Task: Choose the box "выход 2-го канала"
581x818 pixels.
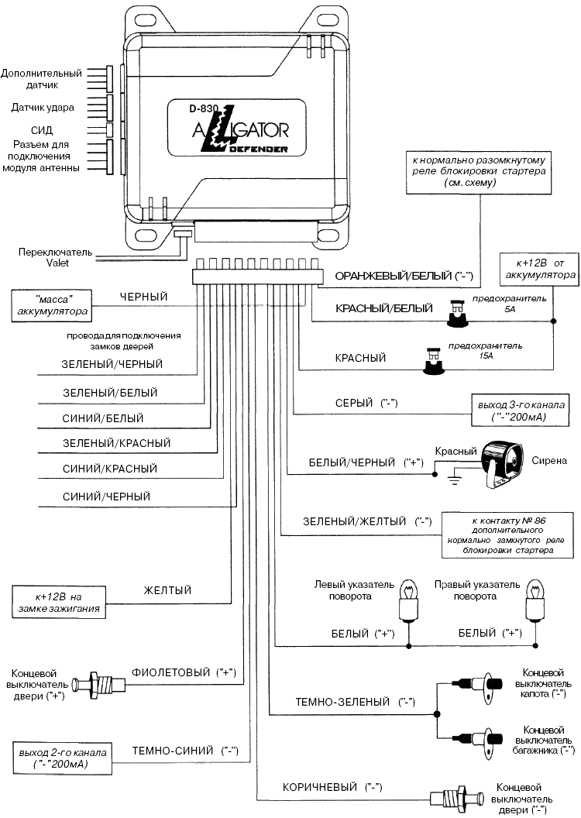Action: (x=63, y=757)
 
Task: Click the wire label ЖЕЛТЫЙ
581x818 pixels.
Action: (x=167, y=591)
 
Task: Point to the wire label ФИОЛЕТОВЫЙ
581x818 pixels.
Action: (x=167, y=671)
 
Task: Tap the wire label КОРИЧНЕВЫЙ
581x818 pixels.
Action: (x=318, y=786)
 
